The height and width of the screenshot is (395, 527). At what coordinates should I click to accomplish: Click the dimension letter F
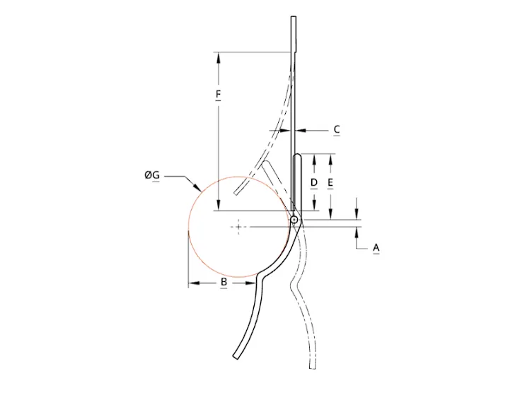218,94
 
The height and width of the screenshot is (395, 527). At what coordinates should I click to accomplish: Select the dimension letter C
337,129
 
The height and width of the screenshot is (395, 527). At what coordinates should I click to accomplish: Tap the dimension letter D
314,183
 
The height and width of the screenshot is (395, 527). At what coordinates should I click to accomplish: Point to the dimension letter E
330,183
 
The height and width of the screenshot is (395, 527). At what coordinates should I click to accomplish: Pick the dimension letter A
376,248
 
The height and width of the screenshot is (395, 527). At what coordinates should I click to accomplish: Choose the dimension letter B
224,282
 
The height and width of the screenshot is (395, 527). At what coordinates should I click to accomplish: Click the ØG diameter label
152,175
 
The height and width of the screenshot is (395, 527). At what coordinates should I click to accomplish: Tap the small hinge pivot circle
294,220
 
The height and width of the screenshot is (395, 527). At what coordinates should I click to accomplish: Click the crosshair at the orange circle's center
238,227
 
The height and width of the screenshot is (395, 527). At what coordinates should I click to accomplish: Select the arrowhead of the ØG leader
198,187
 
